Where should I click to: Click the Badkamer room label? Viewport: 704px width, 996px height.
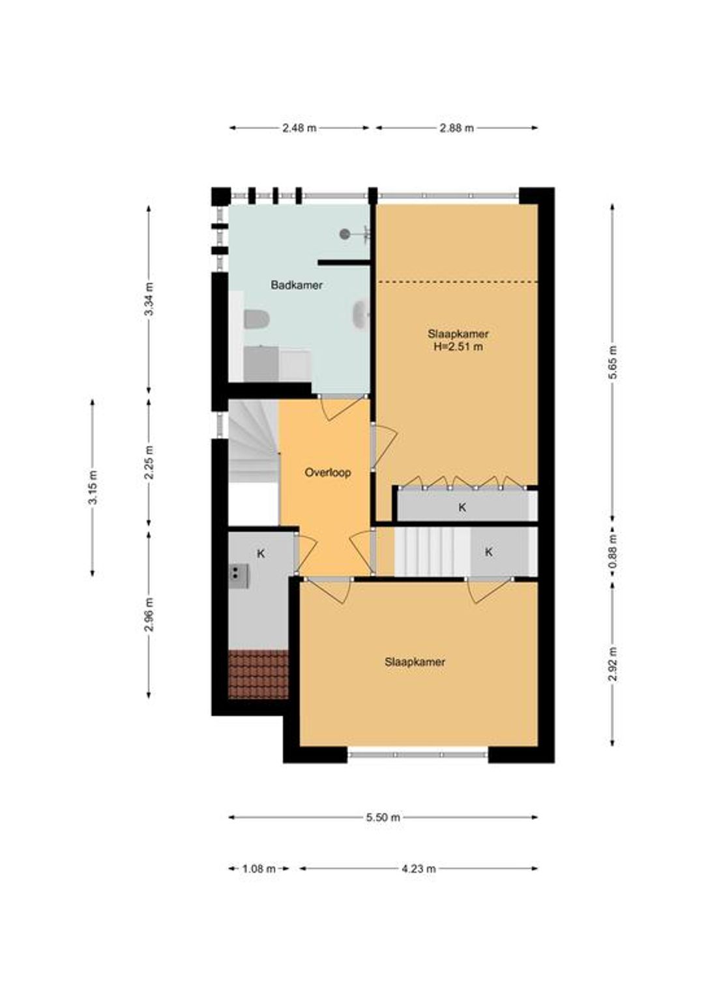point(296,285)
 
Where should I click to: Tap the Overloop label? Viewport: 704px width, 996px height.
point(327,473)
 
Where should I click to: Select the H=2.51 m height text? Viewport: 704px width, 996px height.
point(458,346)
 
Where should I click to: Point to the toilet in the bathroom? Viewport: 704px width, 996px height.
point(257,319)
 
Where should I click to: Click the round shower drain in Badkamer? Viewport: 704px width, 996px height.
point(345,233)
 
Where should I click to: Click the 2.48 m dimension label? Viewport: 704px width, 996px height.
point(299,128)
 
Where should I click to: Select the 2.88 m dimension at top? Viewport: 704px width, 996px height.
point(457,128)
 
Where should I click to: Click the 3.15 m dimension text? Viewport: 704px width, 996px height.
point(93,488)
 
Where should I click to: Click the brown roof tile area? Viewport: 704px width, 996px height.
point(258,674)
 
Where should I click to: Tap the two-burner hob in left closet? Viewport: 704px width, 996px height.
point(239,576)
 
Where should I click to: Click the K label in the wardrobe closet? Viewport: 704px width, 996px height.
point(462,507)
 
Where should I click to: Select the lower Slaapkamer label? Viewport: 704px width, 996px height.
point(415,662)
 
